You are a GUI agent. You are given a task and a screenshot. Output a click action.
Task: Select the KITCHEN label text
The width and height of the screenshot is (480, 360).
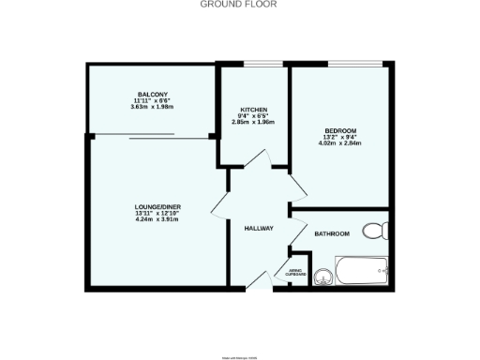(x=254, y=110)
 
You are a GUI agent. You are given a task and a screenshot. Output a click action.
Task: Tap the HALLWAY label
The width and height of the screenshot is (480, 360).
(x=258, y=229)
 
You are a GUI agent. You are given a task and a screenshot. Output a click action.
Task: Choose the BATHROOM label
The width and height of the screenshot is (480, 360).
(x=332, y=233)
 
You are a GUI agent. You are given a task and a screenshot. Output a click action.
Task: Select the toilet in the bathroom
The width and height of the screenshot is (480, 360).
(x=376, y=231)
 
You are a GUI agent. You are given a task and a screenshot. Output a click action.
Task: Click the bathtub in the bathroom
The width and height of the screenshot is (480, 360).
(x=362, y=272)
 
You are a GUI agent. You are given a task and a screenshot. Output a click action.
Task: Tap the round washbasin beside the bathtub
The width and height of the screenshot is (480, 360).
(x=323, y=276)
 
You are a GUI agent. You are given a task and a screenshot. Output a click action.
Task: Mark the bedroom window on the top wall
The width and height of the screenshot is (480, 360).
(x=355, y=65)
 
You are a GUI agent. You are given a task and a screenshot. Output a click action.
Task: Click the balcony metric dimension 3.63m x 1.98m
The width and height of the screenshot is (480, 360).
(x=152, y=108)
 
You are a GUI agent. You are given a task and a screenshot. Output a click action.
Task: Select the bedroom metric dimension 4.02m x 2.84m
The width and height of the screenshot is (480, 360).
(x=339, y=143)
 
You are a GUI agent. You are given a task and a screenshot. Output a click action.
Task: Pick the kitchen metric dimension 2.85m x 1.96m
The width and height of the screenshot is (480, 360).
(x=254, y=122)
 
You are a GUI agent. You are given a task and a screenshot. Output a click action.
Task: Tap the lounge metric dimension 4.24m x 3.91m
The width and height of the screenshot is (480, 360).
(x=157, y=219)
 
